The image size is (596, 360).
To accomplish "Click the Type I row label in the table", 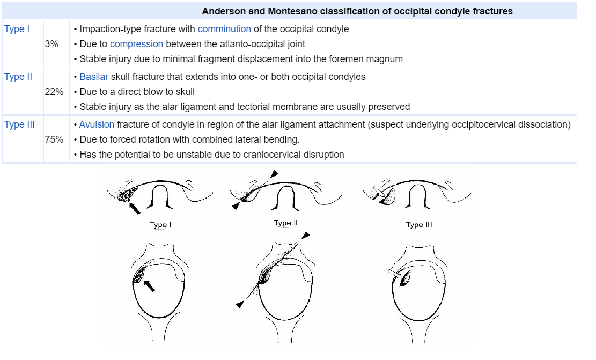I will coord(17,29).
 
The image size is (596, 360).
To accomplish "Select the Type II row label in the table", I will coord(18,77).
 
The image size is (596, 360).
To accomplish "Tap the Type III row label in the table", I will coord(19,124).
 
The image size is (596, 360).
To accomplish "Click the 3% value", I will coord(51,44).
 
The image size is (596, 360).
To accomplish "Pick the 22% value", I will coord(54,92).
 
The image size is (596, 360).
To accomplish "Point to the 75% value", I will coord(54,139).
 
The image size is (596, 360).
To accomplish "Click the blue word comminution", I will coord(224,29).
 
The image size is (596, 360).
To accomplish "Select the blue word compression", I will coord(136,44).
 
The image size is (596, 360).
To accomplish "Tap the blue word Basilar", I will coord(94,77).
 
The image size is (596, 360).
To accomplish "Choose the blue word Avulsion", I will coord(97,124).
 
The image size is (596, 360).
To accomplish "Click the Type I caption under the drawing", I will coord(160,225).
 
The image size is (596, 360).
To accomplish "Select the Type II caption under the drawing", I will coord(285,223).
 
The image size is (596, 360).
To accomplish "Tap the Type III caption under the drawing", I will coord(419,225).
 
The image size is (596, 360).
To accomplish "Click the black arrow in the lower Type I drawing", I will coord(151,285).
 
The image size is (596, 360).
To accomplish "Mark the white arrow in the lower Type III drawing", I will coord(394,275).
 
